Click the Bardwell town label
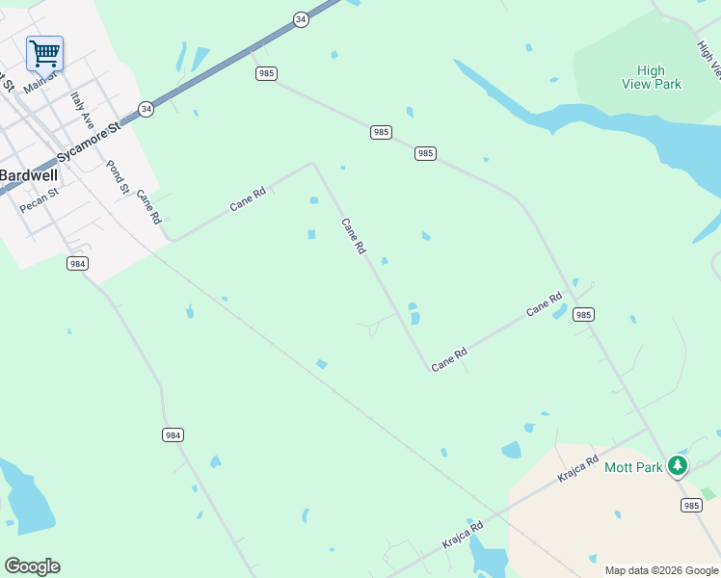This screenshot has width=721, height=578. [x=28, y=175]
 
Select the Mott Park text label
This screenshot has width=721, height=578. [x=633, y=467]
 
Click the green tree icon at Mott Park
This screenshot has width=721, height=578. [x=678, y=466]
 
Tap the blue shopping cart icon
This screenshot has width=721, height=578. [x=44, y=54]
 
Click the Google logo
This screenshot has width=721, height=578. [x=32, y=566]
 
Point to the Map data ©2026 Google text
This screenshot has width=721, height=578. [x=662, y=570]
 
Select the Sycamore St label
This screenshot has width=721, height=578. [x=88, y=142]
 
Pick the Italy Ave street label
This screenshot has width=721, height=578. [x=82, y=110]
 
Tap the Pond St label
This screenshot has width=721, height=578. [x=117, y=176]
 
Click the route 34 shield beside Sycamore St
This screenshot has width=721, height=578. [x=146, y=109]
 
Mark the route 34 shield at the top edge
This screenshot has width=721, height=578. [x=301, y=18]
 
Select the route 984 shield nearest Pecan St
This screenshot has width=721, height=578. [x=78, y=263]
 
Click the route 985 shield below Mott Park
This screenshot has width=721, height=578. [x=691, y=505]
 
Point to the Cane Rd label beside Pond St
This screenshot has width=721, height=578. [x=147, y=206]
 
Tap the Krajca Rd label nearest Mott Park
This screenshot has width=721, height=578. [x=577, y=469]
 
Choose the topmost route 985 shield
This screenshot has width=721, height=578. [x=267, y=73]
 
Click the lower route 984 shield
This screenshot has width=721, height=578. [x=173, y=435]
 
